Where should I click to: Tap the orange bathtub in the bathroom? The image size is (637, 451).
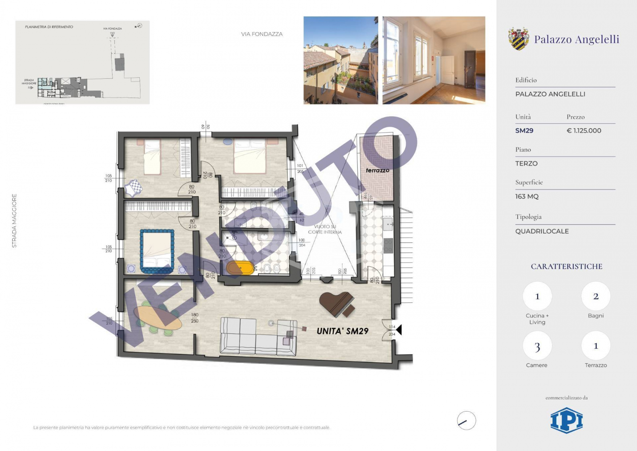click(x=240, y=268)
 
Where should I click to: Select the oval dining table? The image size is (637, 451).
click(x=157, y=318)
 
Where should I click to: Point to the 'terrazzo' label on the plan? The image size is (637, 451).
click(x=377, y=170)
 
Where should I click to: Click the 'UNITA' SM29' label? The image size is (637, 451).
click(x=342, y=331)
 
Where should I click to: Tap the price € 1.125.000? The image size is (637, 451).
click(x=584, y=131)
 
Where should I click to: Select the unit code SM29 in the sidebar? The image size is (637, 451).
click(x=524, y=131)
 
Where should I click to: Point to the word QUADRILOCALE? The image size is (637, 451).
click(x=542, y=231)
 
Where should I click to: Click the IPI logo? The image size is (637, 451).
click(x=566, y=420)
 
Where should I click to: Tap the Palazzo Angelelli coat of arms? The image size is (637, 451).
click(x=518, y=39)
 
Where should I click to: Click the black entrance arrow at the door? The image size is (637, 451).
click(x=399, y=330)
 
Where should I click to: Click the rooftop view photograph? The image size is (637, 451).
click(x=341, y=60)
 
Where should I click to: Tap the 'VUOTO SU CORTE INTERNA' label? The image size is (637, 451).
click(x=325, y=229)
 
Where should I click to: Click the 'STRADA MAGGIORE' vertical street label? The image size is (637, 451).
click(x=14, y=221)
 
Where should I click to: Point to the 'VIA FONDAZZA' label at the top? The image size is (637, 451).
click(x=262, y=34)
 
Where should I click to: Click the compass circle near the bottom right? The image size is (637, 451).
click(x=466, y=421)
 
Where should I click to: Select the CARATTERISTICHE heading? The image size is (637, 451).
click(x=566, y=266)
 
